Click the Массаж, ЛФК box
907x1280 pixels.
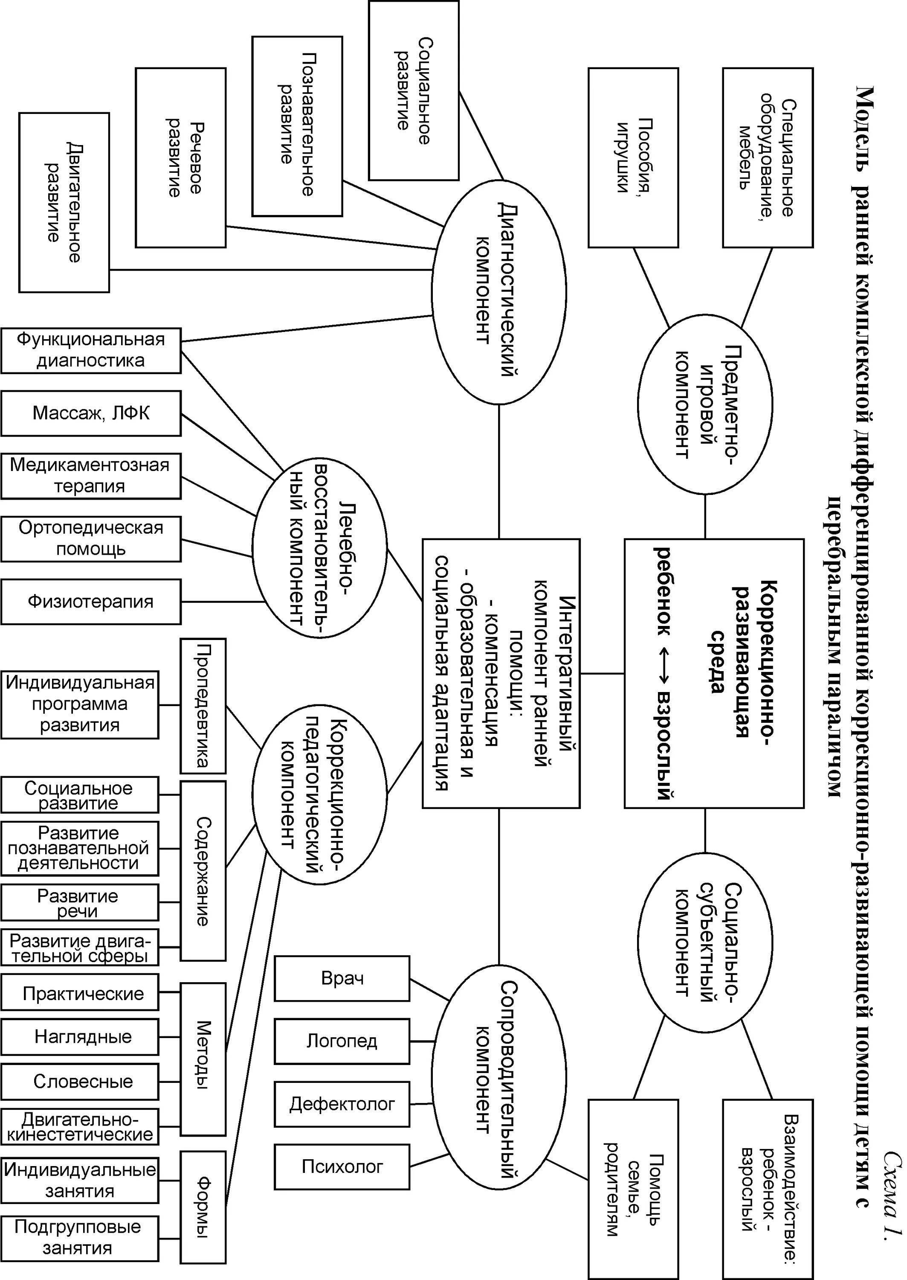pos(91,413)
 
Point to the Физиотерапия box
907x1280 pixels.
pos(91,601)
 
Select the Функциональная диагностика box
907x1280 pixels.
pos(91,350)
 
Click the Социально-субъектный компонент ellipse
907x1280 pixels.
pos(705,941)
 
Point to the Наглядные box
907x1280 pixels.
pos(80,1036)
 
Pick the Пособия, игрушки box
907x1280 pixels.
pos(633,157)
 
